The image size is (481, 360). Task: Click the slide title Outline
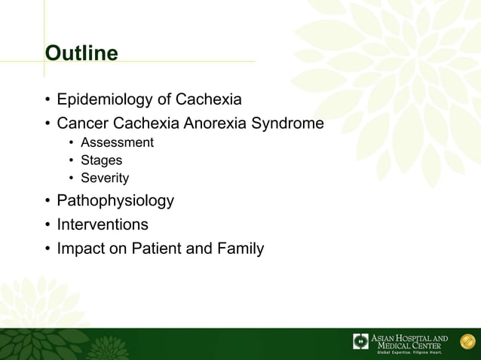[81, 54]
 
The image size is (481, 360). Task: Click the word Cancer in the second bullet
[82, 123]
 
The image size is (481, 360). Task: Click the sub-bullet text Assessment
[117, 142]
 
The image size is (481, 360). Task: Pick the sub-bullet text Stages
[101, 160]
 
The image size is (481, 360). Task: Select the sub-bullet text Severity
[105, 178]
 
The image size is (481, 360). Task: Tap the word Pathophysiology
[115, 201]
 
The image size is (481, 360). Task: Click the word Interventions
[103, 224]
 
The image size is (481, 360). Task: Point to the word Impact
[80, 248]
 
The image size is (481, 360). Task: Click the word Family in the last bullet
[239, 248]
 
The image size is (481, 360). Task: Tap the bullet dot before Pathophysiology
[47, 202]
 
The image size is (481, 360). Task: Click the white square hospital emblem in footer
[361, 341]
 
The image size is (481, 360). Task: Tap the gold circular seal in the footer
[465, 341]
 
